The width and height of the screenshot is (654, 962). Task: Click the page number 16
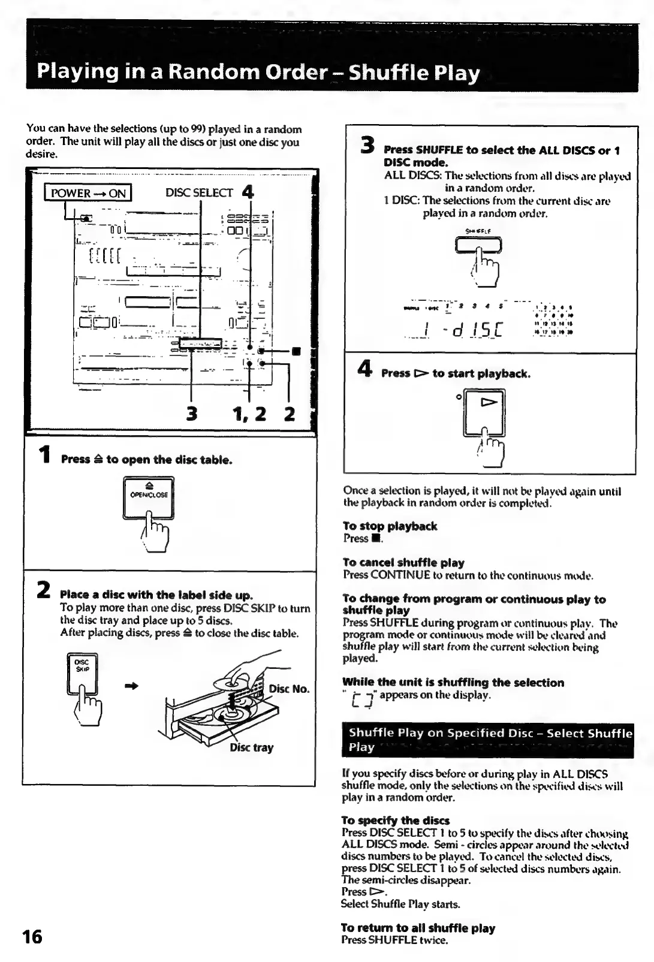(x=32, y=936)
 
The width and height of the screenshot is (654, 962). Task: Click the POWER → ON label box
(x=88, y=193)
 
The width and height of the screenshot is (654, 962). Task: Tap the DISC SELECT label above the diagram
(x=198, y=193)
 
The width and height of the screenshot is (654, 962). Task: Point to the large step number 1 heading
(x=43, y=456)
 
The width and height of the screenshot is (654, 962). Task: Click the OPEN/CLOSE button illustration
(x=148, y=497)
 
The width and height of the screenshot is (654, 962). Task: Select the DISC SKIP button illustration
(x=82, y=673)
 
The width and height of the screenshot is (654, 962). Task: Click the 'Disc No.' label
(x=289, y=689)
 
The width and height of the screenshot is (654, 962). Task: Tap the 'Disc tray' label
(x=252, y=747)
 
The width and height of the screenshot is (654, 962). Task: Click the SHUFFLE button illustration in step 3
(x=478, y=245)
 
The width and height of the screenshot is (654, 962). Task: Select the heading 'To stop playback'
(x=390, y=526)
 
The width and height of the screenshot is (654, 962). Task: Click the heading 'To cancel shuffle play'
(x=403, y=563)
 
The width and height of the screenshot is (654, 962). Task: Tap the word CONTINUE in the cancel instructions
(x=400, y=576)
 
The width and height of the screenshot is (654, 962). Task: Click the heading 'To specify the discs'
(x=396, y=821)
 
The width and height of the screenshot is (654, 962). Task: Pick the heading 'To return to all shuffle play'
(x=418, y=928)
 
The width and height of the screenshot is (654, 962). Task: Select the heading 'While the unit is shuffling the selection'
(x=453, y=683)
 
